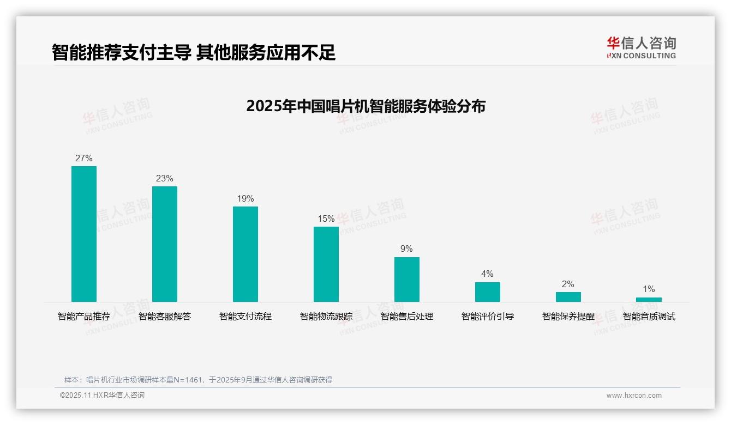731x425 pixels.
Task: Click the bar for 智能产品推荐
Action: click(x=84, y=234)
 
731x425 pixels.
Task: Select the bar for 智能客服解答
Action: click(x=165, y=244)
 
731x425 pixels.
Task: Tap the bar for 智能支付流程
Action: click(x=245, y=254)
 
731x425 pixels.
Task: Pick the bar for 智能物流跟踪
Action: click(x=326, y=264)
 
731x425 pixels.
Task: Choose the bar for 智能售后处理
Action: click(x=407, y=279)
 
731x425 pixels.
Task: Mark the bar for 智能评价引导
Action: click(x=488, y=292)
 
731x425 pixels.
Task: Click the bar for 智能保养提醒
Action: click(x=568, y=297)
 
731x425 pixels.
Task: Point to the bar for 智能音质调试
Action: click(x=649, y=299)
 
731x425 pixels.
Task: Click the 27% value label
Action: click(x=84, y=159)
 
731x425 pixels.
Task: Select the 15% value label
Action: click(x=326, y=219)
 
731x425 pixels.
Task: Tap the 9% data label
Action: click(x=407, y=249)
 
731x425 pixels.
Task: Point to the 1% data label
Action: click(x=649, y=289)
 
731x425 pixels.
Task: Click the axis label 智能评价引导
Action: click(x=488, y=317)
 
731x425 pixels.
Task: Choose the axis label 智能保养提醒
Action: click(x=568, y=317)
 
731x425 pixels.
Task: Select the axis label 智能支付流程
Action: click(x=245, y=317)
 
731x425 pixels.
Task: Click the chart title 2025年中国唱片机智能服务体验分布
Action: click(x=366, y=106)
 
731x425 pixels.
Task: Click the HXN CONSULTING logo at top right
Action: click(x=642, y=48)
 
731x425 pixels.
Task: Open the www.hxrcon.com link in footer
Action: click(x=634, y=396)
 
